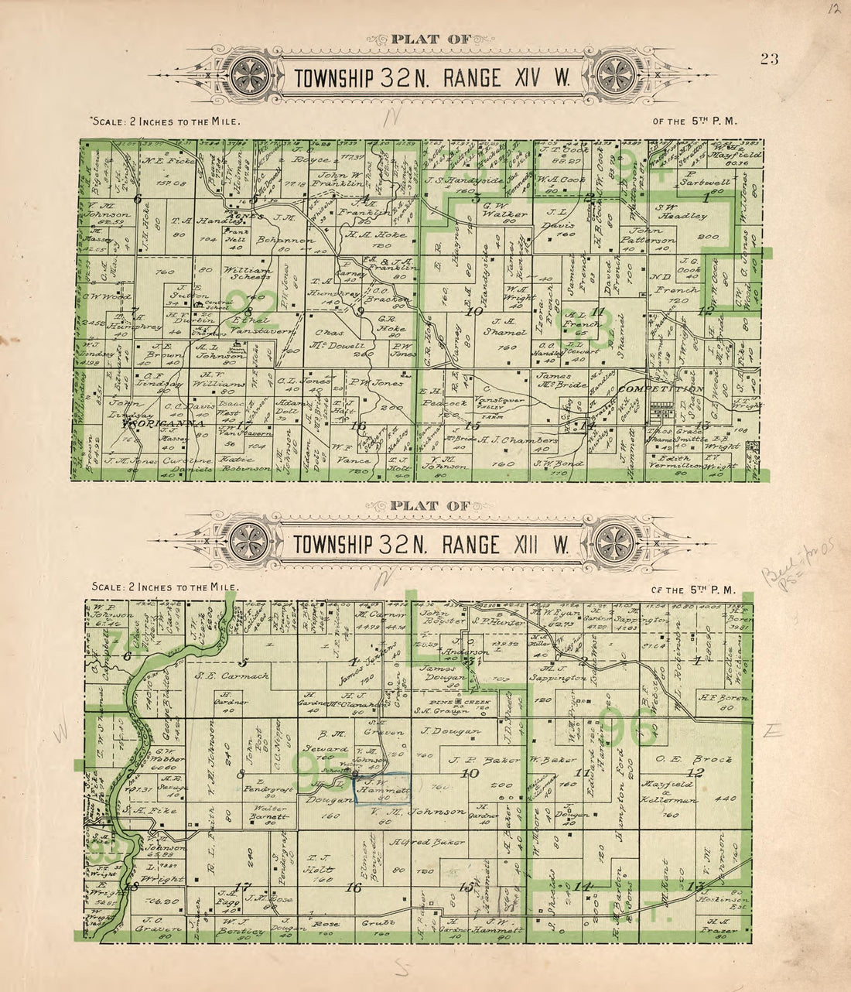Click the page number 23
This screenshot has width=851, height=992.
768,60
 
